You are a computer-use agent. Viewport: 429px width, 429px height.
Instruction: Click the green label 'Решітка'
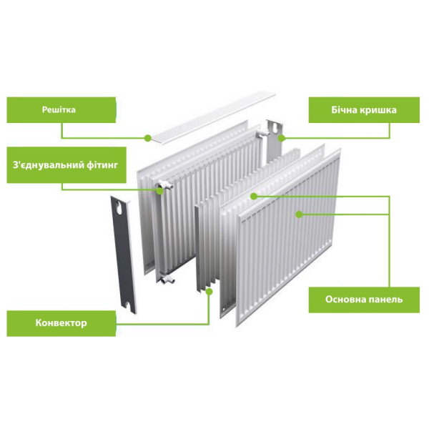[61, 110]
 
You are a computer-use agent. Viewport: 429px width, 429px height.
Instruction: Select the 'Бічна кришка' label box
[364, 110]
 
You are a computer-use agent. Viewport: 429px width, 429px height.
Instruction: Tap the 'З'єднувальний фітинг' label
[66, 165]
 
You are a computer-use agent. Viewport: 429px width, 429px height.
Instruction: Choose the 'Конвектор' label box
[61, 323]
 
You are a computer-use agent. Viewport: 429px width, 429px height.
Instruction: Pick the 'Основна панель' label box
[364, 300]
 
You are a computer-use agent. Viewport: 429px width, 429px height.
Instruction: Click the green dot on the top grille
[148, 138]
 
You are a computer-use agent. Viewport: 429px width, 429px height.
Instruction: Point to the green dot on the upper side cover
[282, 138]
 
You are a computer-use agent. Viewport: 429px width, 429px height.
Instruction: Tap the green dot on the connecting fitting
[159, 191]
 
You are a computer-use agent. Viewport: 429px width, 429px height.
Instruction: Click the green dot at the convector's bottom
[209, 292]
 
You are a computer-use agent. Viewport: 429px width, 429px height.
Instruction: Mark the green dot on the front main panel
[300, 214]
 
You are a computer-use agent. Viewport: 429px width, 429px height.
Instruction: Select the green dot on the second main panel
[254, 196]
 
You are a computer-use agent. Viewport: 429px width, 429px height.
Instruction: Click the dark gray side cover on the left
[124, 255]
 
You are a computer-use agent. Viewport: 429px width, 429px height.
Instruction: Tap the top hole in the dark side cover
[119, 207]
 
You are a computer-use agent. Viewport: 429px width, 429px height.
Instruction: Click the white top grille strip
[213, 117]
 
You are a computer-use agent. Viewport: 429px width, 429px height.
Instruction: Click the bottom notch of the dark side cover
[127, 305]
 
